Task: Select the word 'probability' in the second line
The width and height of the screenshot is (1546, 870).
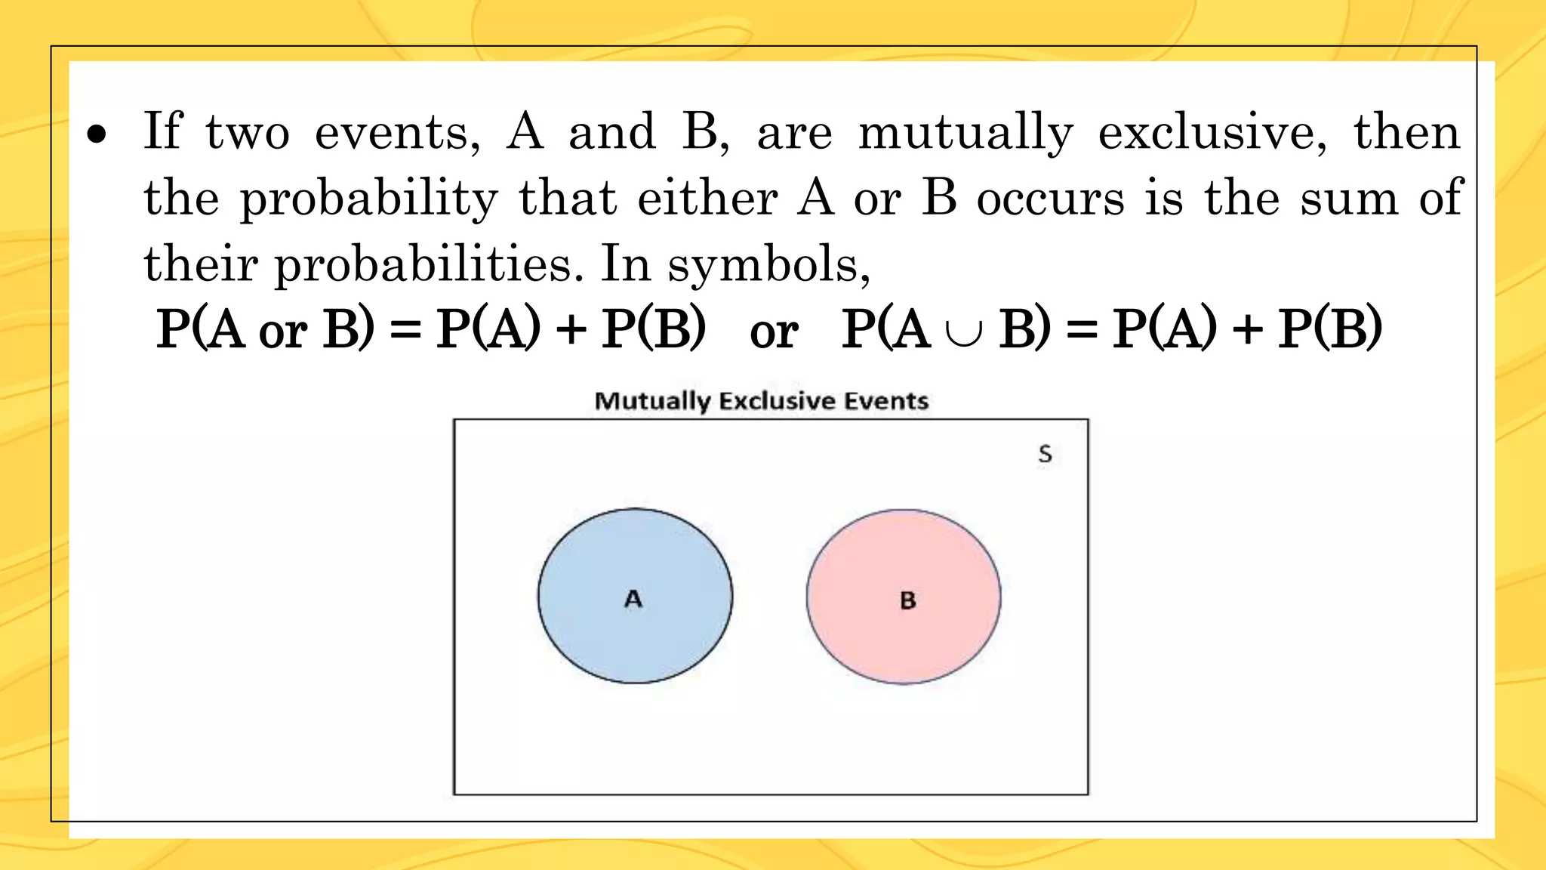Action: click(369, 199)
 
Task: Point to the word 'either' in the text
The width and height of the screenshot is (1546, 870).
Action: click(707, 198)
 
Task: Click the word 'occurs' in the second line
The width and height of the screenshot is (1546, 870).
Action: click(1050, 199)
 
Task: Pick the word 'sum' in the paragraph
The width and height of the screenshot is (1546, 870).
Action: click(1349, 199)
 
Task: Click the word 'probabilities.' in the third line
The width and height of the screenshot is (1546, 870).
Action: click(429, 265)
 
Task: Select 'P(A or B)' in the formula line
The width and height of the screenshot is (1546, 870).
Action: click(265, 329)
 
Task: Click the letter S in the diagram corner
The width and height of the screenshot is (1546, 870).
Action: click(1045, 454)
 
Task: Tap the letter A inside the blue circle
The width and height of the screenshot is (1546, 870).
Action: click(633, 599)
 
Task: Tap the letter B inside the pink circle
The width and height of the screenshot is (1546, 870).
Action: click(908, 601)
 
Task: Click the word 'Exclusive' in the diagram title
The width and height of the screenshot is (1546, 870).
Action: click(776, 401)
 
